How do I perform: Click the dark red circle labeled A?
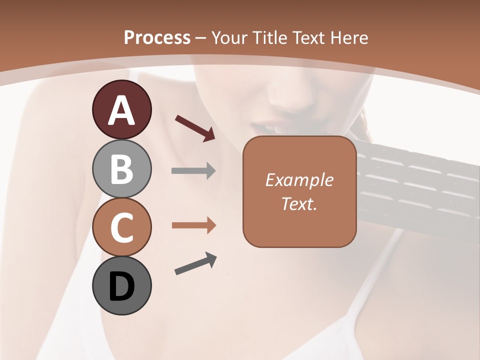[121, 109]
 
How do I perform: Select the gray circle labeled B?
[121, 168]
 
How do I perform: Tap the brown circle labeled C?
[121, 227]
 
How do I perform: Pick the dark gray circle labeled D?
[121, 286]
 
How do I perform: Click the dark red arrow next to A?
[195, 128]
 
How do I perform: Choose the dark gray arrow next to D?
[195, 263]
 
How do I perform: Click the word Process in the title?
[157, 38]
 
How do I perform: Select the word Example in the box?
[299, 180]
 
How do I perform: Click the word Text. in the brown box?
[299, 203]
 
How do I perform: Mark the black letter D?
[121, 287]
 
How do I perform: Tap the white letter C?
[121, 228]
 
